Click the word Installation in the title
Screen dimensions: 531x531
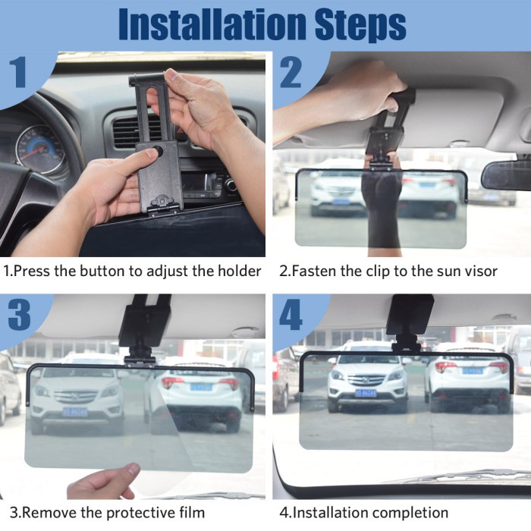point(212,24)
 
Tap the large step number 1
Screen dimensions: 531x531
point(18,73)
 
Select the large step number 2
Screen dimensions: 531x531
point(291,73)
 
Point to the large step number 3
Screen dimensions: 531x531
point(19,315)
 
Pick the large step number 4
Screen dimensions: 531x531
point(291,315)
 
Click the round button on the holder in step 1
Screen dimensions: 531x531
point(157,151)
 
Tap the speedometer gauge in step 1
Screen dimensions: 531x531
point(41,149)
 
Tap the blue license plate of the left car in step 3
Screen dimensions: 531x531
point(75,412)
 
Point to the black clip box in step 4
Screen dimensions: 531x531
point(410,314)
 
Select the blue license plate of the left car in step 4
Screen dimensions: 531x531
point(366,393)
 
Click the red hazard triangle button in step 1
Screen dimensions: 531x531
point(177,130)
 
